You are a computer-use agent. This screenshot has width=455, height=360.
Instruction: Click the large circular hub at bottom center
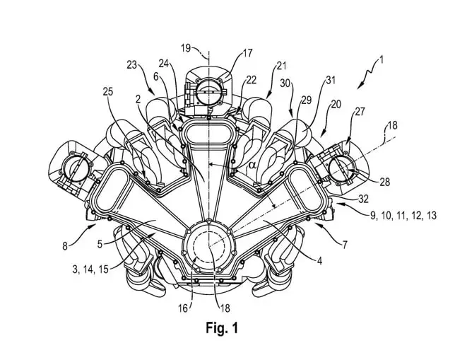pos(209,248)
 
